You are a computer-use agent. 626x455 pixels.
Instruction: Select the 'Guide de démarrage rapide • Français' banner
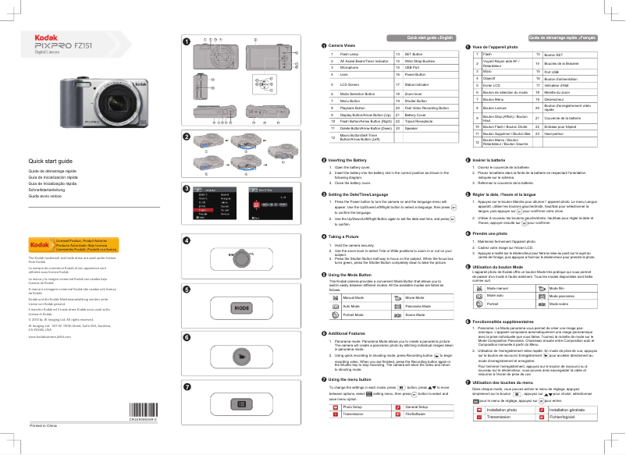pyautogui.click(x=563, y=37)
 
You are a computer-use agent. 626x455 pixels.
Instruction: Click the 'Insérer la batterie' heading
pyautogui.click(x=494, y=159)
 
